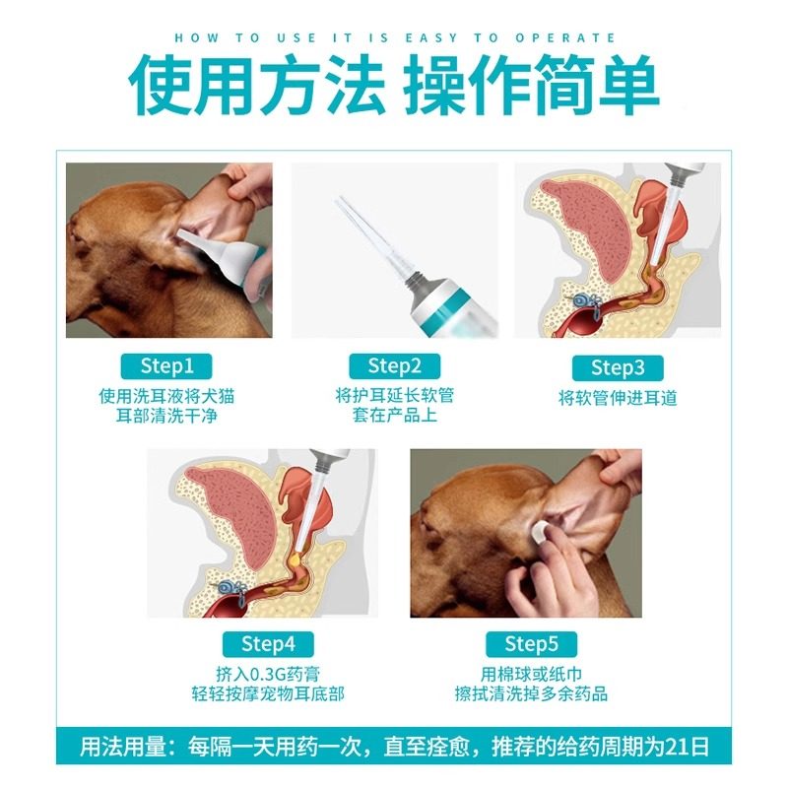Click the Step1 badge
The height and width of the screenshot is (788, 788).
click(167, 366)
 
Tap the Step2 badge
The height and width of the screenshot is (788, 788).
click(394, 366)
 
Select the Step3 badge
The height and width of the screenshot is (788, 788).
click(618, 368)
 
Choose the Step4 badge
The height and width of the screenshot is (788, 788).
click(268, 644)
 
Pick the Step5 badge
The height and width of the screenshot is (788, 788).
click(531, 644)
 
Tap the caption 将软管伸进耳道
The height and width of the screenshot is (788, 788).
click(618, 399)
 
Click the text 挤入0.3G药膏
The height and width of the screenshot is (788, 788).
click(268, 674)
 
